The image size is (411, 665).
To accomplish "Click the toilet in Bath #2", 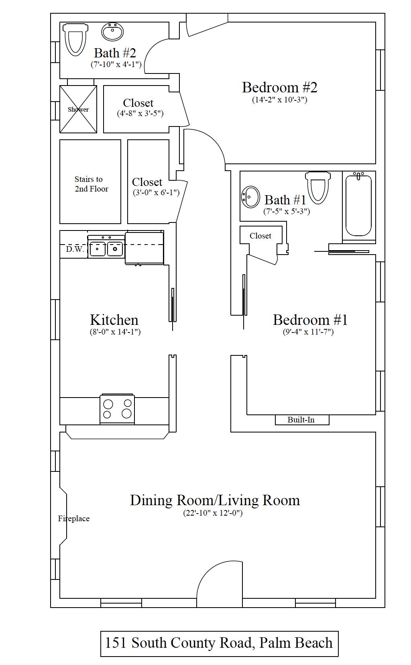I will point(75,39).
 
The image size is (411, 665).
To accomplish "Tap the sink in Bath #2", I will point(112,32).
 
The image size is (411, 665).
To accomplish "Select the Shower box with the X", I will point(78,109).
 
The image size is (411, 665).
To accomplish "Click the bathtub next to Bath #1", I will point(358,206).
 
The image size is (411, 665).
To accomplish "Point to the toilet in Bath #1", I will point(318,187).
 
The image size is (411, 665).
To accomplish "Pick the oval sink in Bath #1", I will point(250,197).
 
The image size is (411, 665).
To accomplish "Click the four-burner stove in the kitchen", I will point(117,409).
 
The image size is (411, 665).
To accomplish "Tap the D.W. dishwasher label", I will point(75,249).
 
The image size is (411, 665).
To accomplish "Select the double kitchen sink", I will point(106,249).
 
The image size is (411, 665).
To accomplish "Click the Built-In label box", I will point(301,420).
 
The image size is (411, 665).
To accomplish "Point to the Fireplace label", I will point(74,518).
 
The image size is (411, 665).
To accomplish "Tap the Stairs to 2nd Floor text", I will point(91,184).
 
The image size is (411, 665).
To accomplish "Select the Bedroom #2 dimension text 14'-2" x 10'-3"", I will point(279,100).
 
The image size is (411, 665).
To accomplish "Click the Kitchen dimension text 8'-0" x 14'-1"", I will point(115,332).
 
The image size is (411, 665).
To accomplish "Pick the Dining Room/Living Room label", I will point(215,500).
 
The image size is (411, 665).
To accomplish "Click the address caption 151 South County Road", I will point(219,643).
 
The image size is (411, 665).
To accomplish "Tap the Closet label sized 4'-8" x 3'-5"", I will point(138,103).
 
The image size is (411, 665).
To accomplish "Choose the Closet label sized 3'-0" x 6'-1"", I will point(147,182).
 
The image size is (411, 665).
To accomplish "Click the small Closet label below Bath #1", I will point(260,236).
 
